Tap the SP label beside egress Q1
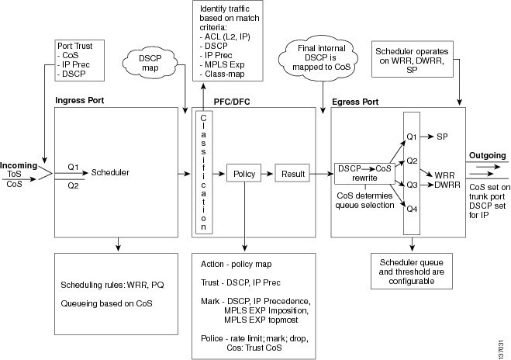tap(443, 136)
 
